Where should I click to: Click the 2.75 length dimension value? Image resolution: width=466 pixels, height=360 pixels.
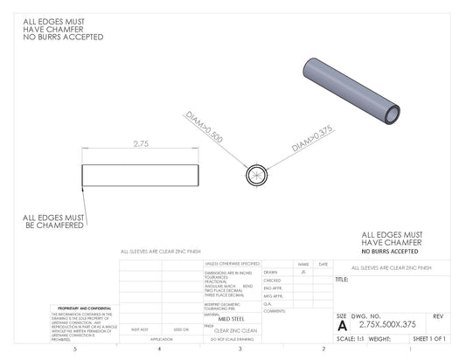pos(139,142)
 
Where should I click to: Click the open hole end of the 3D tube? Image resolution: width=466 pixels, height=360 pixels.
pos(393,114)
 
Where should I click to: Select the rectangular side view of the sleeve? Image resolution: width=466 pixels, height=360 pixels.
pos(139,175)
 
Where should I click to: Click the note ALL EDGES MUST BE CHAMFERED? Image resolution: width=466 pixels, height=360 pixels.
pos(53,222)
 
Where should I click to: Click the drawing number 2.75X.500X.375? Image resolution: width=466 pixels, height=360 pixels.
pos(379,324)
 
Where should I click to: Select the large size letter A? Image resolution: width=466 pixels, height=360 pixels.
pos(342,323)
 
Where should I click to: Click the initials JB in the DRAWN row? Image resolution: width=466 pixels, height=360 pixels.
pos(303,272)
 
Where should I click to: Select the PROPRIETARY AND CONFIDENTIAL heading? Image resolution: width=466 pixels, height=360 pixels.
pos(80,308)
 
